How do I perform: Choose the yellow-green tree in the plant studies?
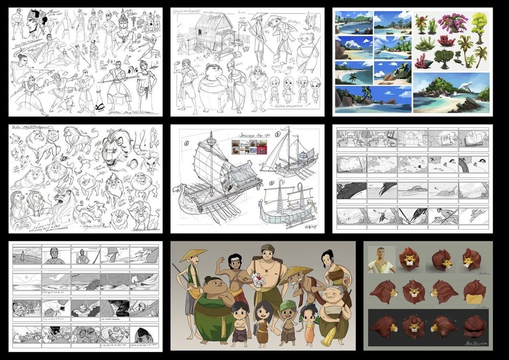point(479,22)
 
